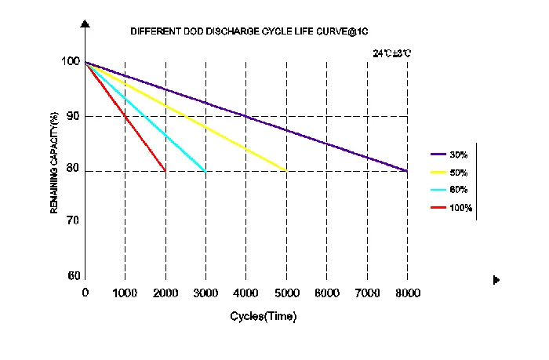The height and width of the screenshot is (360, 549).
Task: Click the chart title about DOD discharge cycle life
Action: (x=249, y=31)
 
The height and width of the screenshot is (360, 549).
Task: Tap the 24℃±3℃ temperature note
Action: (x=391, y=53)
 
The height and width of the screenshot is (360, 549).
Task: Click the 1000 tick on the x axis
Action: (x=125, y=293)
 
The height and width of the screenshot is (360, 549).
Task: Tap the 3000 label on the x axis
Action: (x=205, y=293)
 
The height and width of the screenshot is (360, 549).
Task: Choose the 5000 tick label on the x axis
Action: (x=286, y=293)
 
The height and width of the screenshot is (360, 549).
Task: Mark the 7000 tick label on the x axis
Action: (x=367, y=293)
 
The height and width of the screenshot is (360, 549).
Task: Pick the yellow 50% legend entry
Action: (x=450, y=172)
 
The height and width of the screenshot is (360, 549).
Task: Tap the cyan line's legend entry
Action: (x=450, y=189)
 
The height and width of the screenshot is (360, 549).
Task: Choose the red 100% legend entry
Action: (x=451, y=207)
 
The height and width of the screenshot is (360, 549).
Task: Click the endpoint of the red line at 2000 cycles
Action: (x=165, y=170)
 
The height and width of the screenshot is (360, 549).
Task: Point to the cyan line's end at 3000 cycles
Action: (x=205, y=170)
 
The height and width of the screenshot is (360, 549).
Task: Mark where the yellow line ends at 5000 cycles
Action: (x=286, y=170)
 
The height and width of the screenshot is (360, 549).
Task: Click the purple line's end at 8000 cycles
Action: (x=406, y=170)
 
